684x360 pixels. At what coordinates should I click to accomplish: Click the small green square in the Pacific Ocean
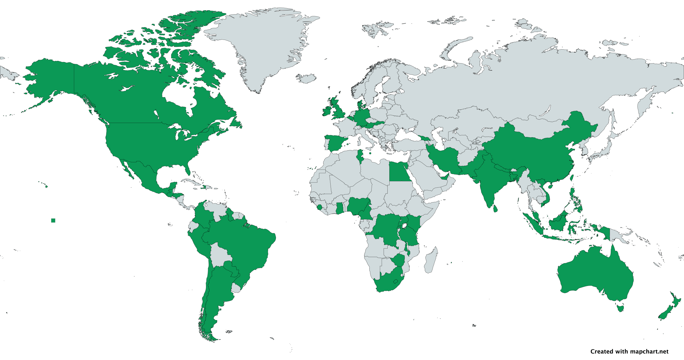pyautogui.click(x=53, y=220)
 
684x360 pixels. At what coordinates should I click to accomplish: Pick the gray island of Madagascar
pyautogui.click(x=431, y=261)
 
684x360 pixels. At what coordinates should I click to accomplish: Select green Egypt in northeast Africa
pyautogui.click(x=400, y=172)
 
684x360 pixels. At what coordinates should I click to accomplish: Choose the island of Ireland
pyautogui.click(x=327, y=111)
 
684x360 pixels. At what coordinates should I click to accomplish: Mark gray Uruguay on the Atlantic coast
pyautogui.click(x=236, y=288)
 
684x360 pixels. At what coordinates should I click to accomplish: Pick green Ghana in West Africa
pyautogui.click(x=339, y=208)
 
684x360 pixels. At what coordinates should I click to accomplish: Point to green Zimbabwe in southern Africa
pyautogui.click(x=398, y=260)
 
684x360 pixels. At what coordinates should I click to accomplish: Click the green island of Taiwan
pyautogui.click(x=571, y=178)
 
